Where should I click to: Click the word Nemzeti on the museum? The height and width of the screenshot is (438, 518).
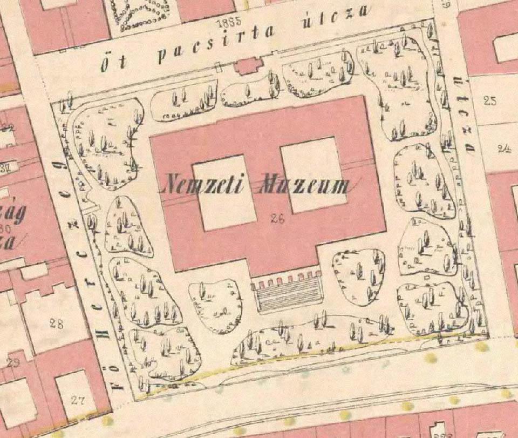coord(205,185)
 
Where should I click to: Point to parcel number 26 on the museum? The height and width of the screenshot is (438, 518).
coord(278,219)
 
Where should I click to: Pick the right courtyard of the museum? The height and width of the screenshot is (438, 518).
coord(313,174)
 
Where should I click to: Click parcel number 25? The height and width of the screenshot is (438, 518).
coord(489,100)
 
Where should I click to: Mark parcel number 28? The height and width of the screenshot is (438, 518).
coord(56,324)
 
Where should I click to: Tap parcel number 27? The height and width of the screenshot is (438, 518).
coord(78,400)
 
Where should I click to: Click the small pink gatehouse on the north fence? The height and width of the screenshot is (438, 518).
coord(249,66)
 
